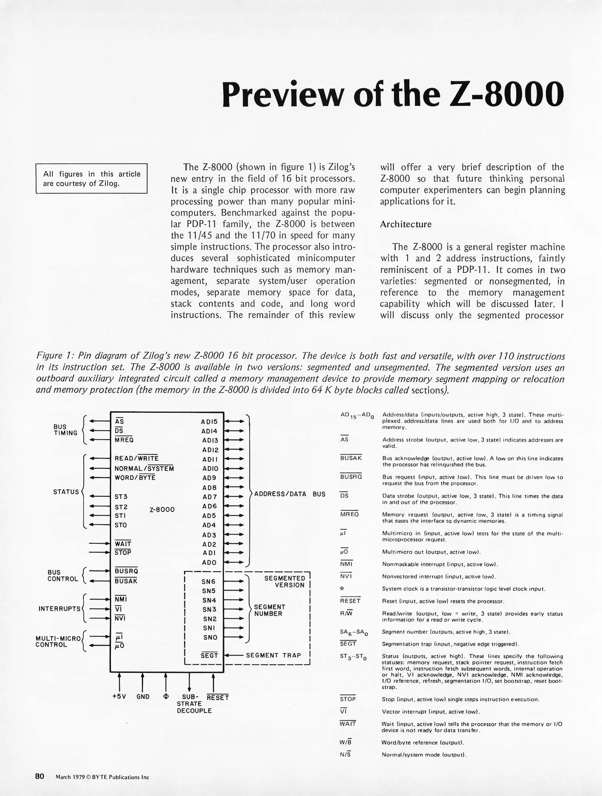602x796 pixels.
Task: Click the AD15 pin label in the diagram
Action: [x=209, y=422]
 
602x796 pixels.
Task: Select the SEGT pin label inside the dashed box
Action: [x=209, y=656]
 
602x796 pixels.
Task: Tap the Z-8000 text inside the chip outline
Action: [x=162, y=509]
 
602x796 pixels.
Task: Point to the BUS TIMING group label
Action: [x=65, y=430]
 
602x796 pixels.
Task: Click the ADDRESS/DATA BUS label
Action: [x=290, y=494]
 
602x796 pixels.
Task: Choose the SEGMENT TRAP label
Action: [x=273, y=655]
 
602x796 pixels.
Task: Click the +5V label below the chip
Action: [x=119, y=696]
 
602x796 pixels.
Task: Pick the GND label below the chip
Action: [x=143, y=696]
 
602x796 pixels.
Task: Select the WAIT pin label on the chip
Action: [x=123, y=544]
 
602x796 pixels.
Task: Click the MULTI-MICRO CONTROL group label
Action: [x=58, y=642]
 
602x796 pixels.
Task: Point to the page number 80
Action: [x=39, y=776]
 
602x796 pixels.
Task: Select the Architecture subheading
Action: [x=406, y=224]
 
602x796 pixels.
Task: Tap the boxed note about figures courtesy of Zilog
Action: [x=91, y=178]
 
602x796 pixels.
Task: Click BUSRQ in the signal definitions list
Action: [x=351, y=476]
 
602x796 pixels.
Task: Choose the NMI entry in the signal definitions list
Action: [x=346, y=564]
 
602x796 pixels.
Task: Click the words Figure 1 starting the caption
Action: [x=53, y=356]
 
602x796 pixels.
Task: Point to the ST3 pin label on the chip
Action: [x=121, y=497]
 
